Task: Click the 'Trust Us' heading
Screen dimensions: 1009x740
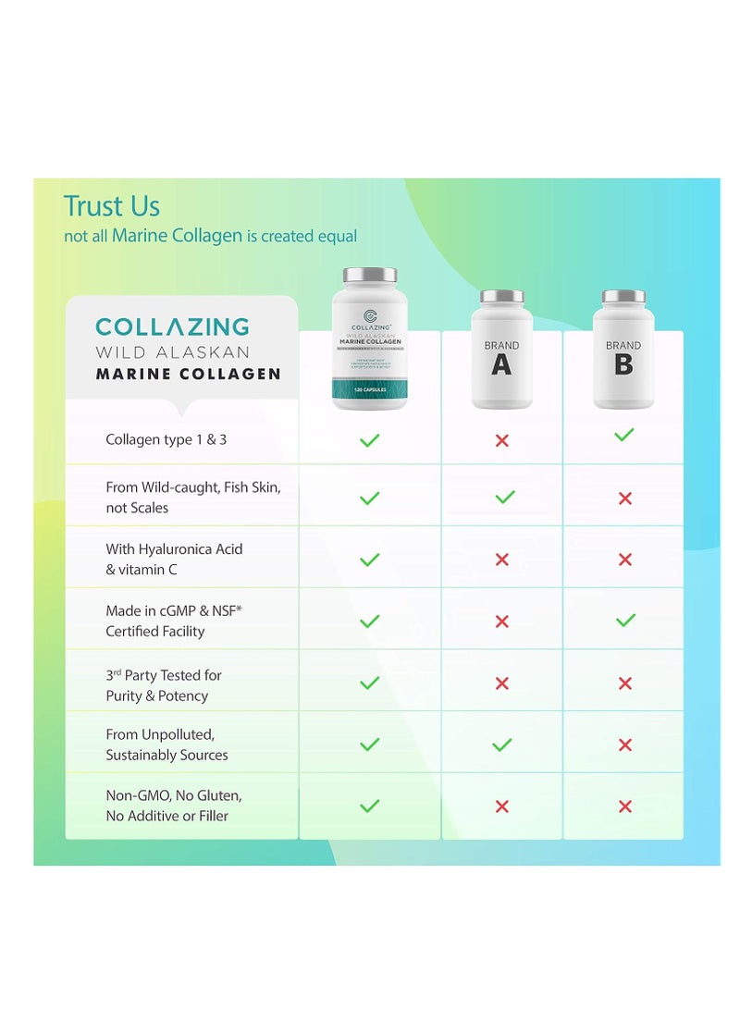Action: point(111,206)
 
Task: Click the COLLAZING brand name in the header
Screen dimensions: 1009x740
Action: point(173,326)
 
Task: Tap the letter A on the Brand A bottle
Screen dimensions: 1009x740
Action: point(500,365)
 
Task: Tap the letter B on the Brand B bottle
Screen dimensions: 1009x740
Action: point(623,364)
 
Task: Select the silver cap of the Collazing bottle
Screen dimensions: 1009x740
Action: point(370,275)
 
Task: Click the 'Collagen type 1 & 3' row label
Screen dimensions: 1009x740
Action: point(166,439)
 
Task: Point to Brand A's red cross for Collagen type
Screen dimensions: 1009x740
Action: point(501,440)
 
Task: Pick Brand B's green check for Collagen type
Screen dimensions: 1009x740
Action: point(624,435)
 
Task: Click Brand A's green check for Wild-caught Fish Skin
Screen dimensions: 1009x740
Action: point(504,498)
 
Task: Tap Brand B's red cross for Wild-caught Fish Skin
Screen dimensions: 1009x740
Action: point(625,498)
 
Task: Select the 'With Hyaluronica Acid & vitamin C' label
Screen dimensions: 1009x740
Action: point(174,560)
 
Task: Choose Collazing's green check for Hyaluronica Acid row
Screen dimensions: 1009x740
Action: point(369,560)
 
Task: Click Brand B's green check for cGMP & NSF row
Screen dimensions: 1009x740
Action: point(625,621)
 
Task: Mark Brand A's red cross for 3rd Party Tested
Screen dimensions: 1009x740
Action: point(502,683)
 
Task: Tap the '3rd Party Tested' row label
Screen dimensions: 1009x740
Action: point(164,685)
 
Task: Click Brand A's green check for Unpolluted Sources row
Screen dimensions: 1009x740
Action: point(502,744)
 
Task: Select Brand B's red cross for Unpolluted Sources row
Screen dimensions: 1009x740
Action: point(625,744)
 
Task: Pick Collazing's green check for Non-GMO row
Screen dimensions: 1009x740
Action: point(369,806)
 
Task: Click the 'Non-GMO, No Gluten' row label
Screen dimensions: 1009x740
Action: point(174,806)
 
